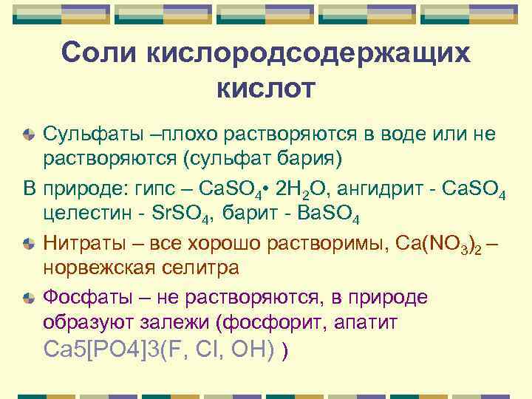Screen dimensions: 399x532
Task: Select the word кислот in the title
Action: [x=265, y=88]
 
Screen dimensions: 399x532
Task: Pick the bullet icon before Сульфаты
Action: [x=28, y=135]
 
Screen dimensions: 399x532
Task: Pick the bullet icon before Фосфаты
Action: [x=28, y=298]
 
